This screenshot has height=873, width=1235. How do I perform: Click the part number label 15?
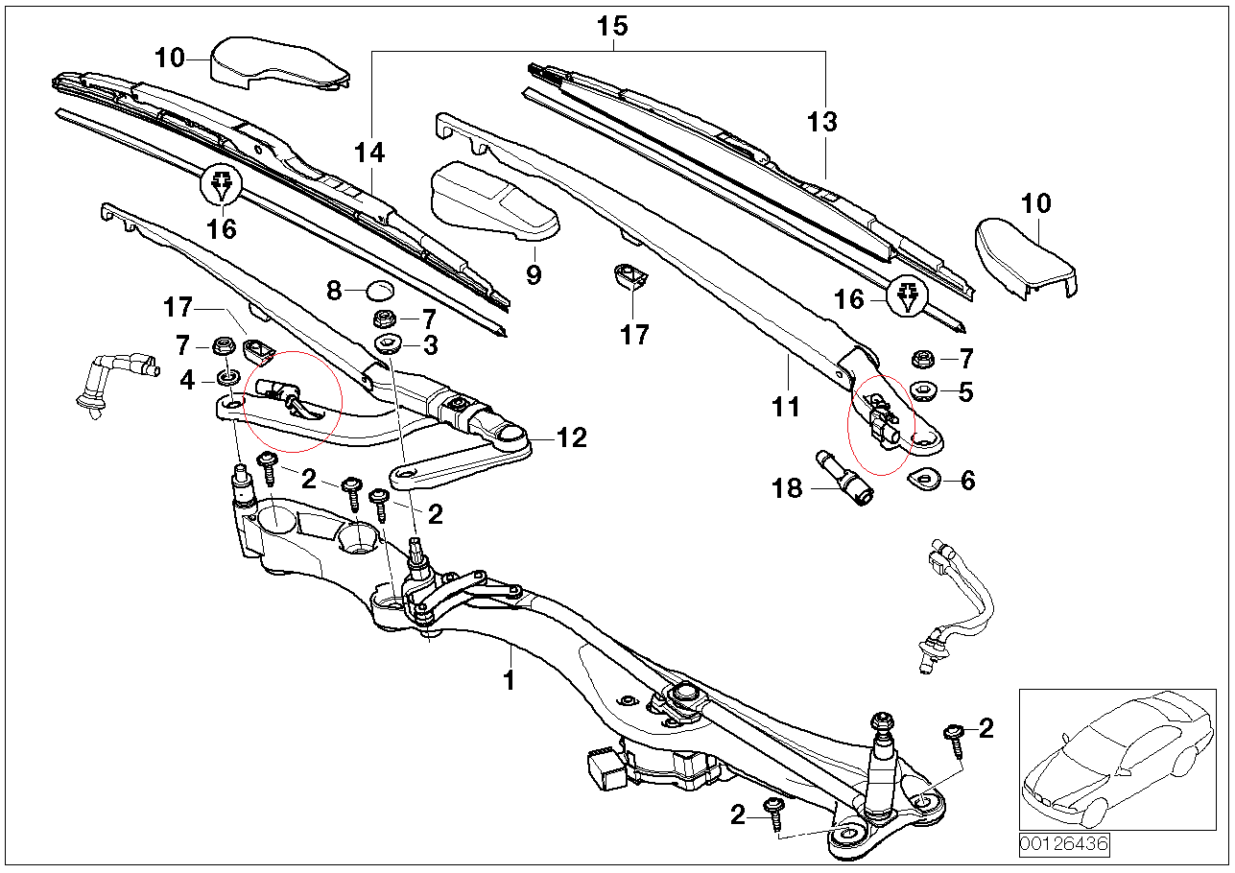(611, 26)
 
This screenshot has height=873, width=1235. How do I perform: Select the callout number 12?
(572, 438)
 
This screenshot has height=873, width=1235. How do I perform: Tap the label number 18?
(787, 489)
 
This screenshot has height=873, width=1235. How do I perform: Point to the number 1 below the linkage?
(510, 681)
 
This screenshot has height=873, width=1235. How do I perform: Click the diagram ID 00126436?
(1063, 845)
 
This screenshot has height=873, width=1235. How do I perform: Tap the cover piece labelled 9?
(491, 201)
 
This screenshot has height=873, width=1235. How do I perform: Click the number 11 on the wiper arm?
(786, 408)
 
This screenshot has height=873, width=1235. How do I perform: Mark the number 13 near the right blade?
(821, 123)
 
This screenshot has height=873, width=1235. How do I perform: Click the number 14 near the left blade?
(368, 153)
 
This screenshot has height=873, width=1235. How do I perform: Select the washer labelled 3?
(390, 344)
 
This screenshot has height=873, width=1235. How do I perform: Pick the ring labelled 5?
(925, 390)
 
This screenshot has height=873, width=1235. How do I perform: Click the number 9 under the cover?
(534, 275)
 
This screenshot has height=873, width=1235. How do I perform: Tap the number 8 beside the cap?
(333, 290)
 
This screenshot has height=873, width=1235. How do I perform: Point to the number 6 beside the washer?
(967, 480)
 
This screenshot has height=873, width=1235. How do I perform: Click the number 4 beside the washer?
(187, 381)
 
